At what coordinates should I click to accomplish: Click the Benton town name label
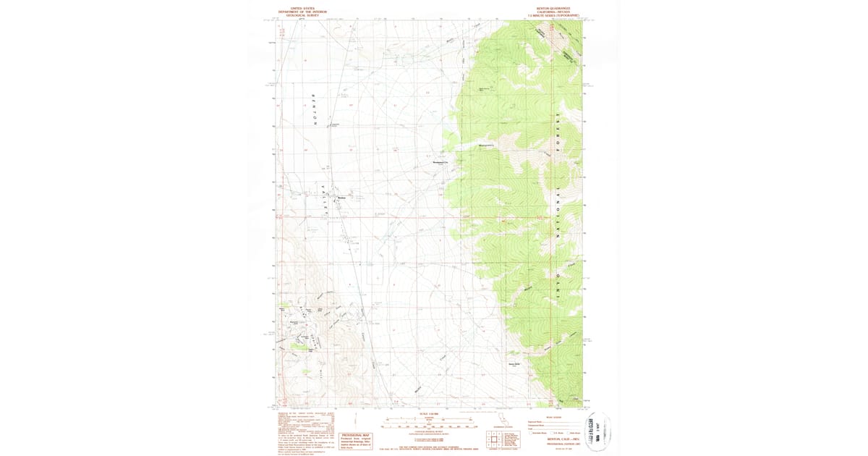click(x=342, y=198)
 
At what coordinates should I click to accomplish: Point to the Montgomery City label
click(x=441, y=162)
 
